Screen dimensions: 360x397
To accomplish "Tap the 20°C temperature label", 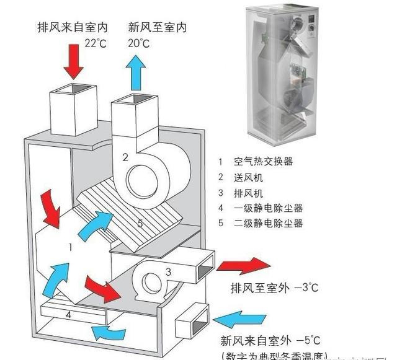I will [x=139, y=43].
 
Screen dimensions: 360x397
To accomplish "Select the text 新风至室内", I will [x=157, y=28].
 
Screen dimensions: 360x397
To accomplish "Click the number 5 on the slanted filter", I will [x=140, y=223].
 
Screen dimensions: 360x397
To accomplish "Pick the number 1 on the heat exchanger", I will [x=71, y=247].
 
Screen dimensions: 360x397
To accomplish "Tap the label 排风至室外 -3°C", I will [x=269, y=289].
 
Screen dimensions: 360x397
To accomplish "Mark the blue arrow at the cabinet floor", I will [x=109, y=333].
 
